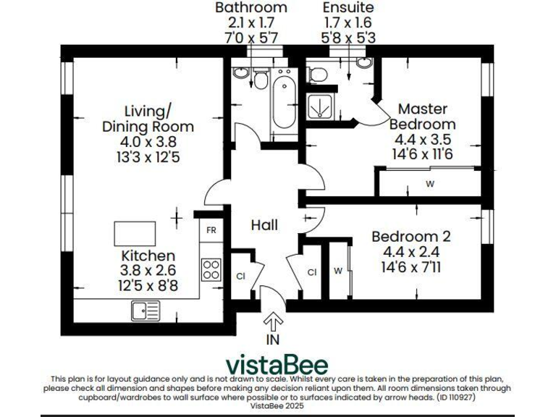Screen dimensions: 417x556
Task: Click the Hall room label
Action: pyautogui.click(x=264, y=225)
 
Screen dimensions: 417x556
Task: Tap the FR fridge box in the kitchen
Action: pyautogui.click(x=211, y=230)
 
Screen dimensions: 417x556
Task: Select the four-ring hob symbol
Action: pyautogui.click(x=211, y=269)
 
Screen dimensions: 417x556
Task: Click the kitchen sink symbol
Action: pyautogui.click(x=146, y=311)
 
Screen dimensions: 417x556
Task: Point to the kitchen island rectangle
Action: pyautogui.click(x=135, y=235)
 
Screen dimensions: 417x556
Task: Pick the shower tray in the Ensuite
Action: pyautogui.click(x=319, y=106)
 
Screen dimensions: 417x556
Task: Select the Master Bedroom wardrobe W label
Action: pyautogui.click(x=429, y=184)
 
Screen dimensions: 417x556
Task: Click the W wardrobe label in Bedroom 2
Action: pyautogui.click(x=338, y=272)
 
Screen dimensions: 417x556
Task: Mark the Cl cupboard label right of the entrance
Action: pyautogui.click(x=312, y=272)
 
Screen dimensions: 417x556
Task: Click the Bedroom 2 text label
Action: pyautogui.click(x=410, y=237)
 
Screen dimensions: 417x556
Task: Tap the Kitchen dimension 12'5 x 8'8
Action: pyautogui.click(x=149, y=286)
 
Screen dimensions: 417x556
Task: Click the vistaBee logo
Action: pyautogui.click(x=277, y=365)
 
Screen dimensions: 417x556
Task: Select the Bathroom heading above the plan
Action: pyautogui.click(x=251, y=7)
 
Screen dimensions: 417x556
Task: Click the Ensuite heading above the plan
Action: pyautogui.click(x=347, y=7)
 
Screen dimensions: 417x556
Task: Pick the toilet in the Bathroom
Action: pyautogui.click(x=259, y=78)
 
